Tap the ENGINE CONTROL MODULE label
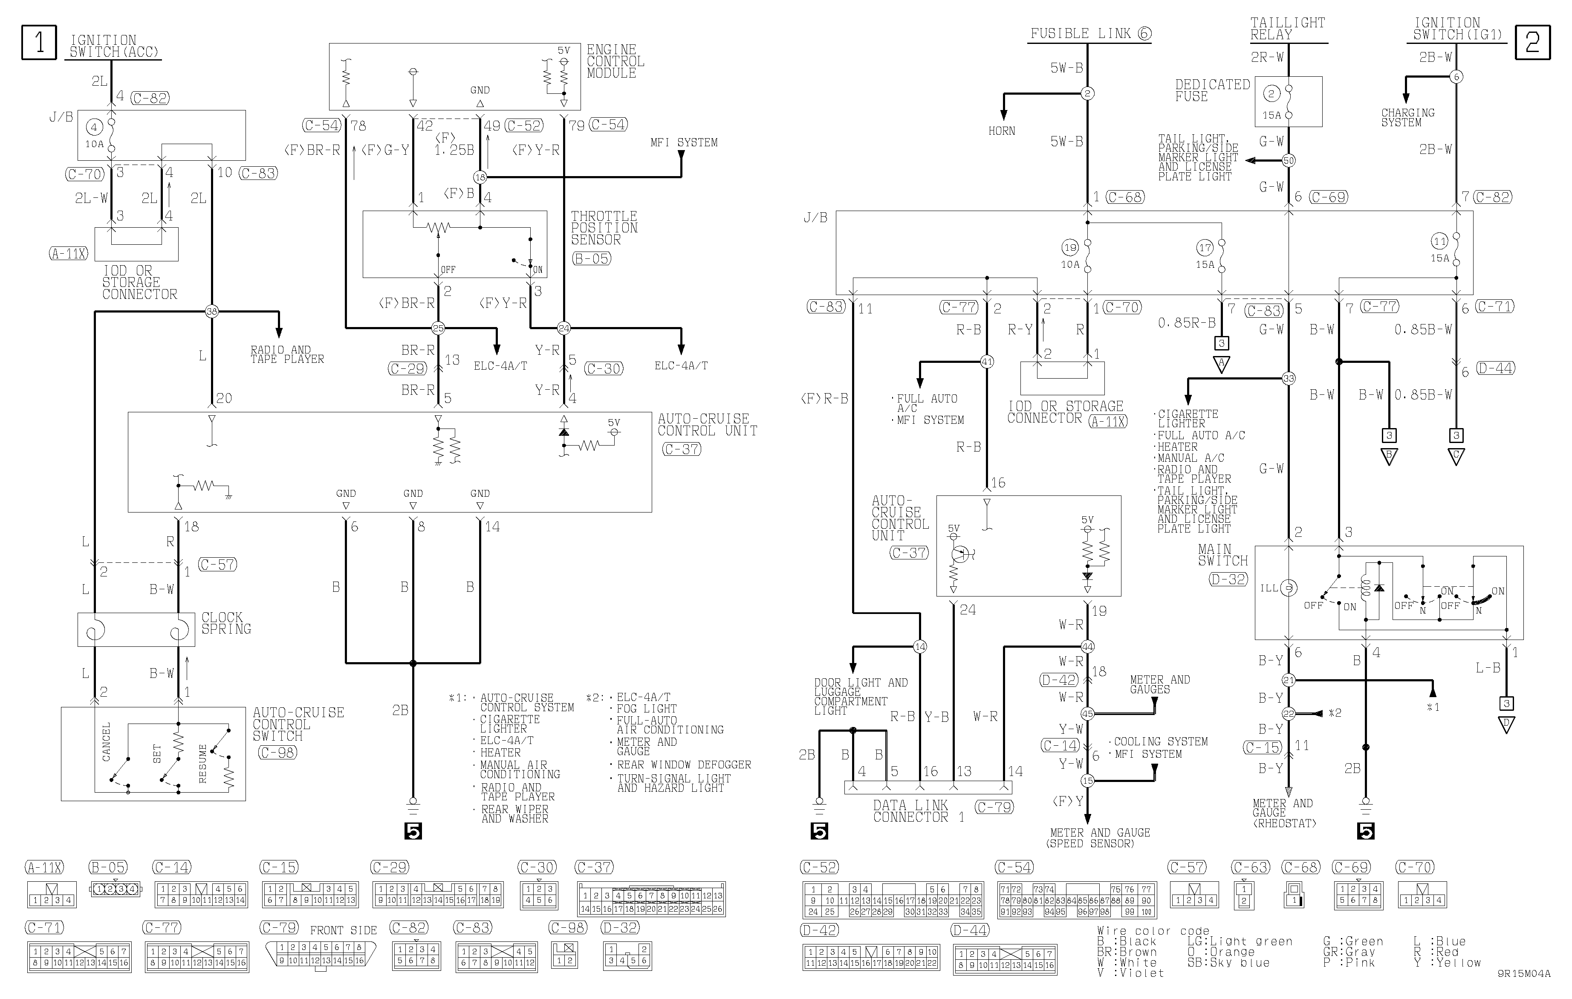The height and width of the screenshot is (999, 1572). coord(616,61)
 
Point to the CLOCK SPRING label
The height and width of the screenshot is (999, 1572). coord(226,623)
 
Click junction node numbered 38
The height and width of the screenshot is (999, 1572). coord(211,311)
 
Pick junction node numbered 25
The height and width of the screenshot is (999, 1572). coord(438,328)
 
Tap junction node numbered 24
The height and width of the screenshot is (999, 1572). coord(564,328)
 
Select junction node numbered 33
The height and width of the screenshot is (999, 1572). coord(1289,378)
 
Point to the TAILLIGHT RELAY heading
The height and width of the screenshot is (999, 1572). coord(1287,29)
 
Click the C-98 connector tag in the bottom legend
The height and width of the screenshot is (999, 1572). coord(567,927)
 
